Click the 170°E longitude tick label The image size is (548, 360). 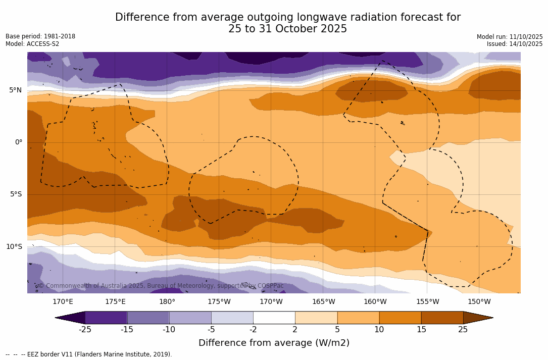tap(63, 302)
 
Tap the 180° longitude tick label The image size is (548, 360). tap(167, 302)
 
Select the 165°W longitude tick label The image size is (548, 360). tap(323, 302)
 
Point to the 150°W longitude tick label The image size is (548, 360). tap(479, 302)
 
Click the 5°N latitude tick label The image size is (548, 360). tap(15, 90)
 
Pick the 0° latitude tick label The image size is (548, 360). tap(19, 142)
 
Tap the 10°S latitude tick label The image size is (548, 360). tap(14, 247)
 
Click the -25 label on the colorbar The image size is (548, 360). tap(85, 330)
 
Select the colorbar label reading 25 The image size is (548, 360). tap(463, 330)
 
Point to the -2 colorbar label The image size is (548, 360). tap(253, 330)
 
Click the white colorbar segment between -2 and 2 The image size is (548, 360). tap(274, 318)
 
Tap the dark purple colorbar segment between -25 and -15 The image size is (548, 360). tap(106, 318)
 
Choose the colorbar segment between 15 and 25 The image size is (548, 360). tap(442, 318)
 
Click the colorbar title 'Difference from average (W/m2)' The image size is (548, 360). tap(274, 343)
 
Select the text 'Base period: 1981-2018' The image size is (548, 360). tap(40, 36)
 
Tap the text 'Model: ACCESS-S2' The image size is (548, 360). tap(32, 44)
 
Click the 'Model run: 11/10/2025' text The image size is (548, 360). tap(510, 37)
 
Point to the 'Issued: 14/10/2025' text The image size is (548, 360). tap(515, 44)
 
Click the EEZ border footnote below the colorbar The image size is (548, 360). tap(89, 354)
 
